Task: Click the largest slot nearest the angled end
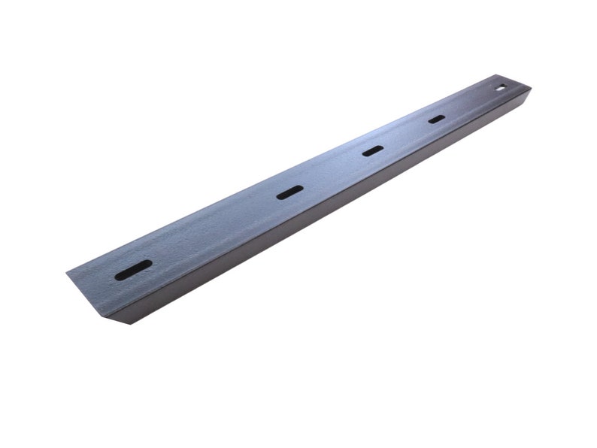133,270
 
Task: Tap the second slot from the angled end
289,192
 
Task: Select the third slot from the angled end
372,151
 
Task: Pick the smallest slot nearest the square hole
436,119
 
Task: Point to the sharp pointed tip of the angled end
67,273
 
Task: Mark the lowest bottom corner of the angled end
121,325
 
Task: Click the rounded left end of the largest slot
119,276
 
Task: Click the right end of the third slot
380,147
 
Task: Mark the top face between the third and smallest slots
405,135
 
